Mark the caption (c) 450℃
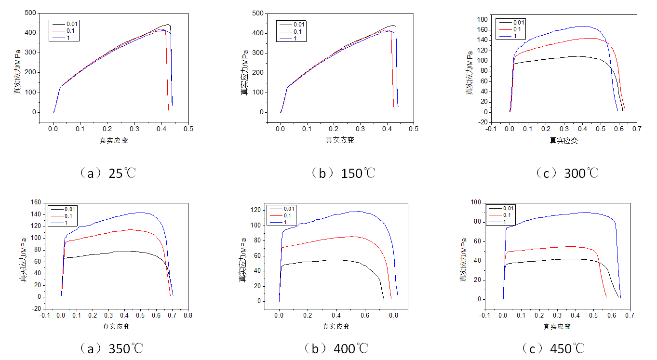tap(554, 348)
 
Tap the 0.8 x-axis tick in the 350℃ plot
tap(188, 316)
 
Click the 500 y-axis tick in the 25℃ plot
tap(31, 13)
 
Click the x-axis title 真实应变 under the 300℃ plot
tap(564, 140)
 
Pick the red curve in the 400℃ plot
tap(328, 239)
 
